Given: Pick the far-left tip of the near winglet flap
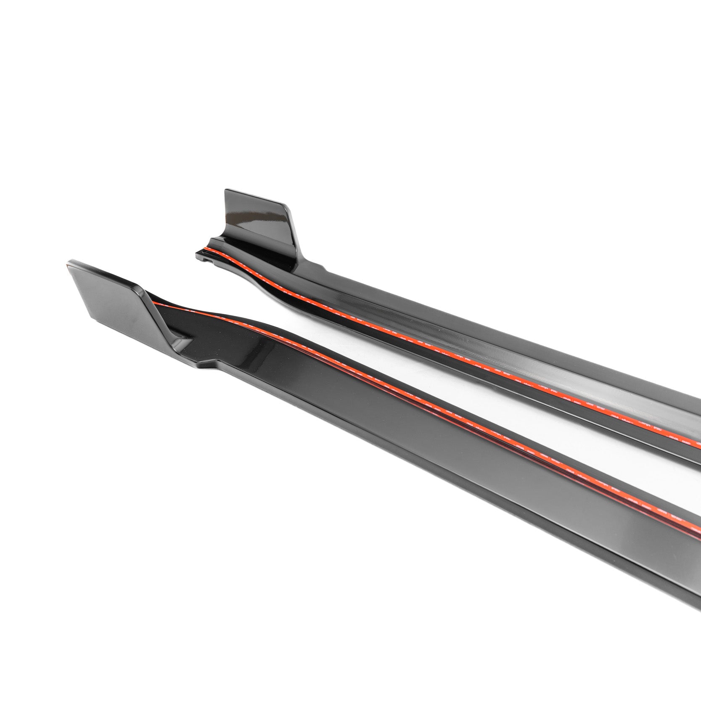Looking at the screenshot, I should (x=67, y=265).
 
